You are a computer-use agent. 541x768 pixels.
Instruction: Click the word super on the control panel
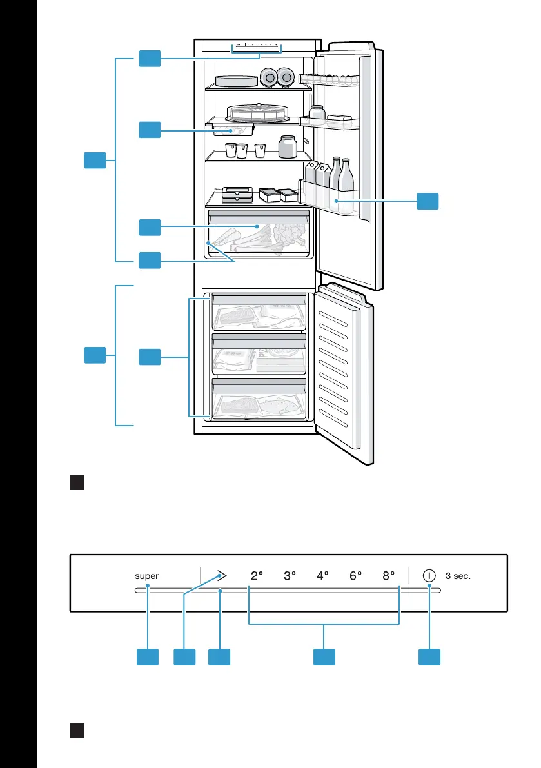tap(146, 576)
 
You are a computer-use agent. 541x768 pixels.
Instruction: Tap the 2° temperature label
tap(257, 576)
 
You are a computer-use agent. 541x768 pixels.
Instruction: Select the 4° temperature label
tap(322, 576)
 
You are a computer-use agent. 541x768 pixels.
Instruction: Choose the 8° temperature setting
tap(389, 576)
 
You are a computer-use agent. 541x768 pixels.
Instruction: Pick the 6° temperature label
tap(355, 576)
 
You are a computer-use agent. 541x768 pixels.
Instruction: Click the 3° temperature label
tap(290, 576)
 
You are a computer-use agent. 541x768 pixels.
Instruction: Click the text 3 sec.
tap(458, 576)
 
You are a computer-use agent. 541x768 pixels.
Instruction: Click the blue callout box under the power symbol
tap(429, 657)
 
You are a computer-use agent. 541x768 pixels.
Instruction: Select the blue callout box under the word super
tap(148, 657)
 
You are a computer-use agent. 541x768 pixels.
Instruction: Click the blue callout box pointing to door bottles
tap(428, 201)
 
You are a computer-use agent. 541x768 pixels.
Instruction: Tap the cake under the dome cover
tap(257, 113)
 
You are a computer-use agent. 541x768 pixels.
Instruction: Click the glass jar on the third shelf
tap(288, 147)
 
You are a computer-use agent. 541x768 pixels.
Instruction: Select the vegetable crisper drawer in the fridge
tap(259, 234)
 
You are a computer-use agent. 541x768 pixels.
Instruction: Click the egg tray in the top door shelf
tap(329, 79)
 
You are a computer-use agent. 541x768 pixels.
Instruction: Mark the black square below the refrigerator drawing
tap(77, 482)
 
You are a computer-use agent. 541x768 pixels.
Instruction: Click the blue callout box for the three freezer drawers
tap(150, 357)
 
